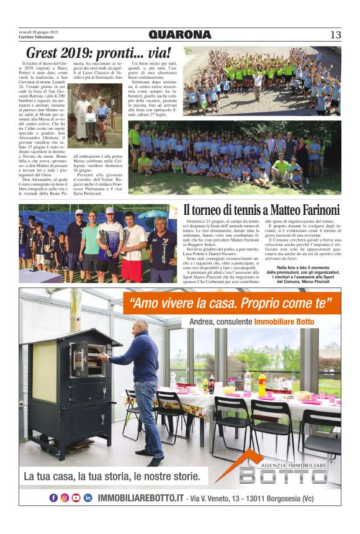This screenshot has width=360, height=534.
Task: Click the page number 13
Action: [x=335, y=35]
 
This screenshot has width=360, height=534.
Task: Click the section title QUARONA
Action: [x=179, y=35]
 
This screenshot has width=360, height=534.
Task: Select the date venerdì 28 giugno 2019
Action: [x=38, y=31]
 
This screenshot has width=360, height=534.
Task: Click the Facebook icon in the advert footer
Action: [x=53, y=497]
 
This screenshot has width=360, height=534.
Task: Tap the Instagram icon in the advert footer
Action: [x=65, y=497]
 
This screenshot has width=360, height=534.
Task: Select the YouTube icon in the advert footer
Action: [x=76, y=497]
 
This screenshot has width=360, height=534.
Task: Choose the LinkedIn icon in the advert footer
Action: [x=88, y=497]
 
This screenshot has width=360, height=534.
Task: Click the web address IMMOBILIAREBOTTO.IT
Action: [x=141, y=498]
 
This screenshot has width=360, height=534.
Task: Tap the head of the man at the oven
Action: [x=142, y=325]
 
